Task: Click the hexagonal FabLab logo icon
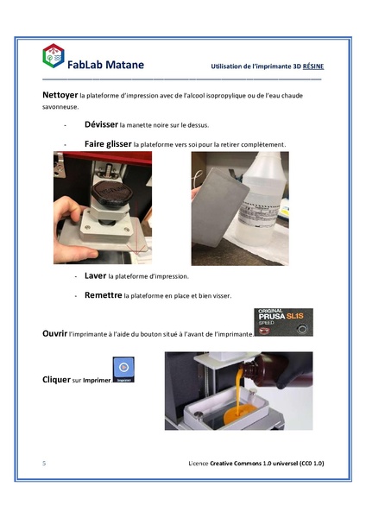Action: [53, 56]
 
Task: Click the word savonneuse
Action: [60, 108]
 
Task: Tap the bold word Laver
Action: [96, 275]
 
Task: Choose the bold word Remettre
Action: [104, 294]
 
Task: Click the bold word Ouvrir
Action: [54, 332]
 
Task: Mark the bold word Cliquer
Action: [56, 379]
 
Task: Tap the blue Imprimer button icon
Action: [123, 370]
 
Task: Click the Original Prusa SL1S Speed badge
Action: [284, 321]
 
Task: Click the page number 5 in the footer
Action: [43, 464]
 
